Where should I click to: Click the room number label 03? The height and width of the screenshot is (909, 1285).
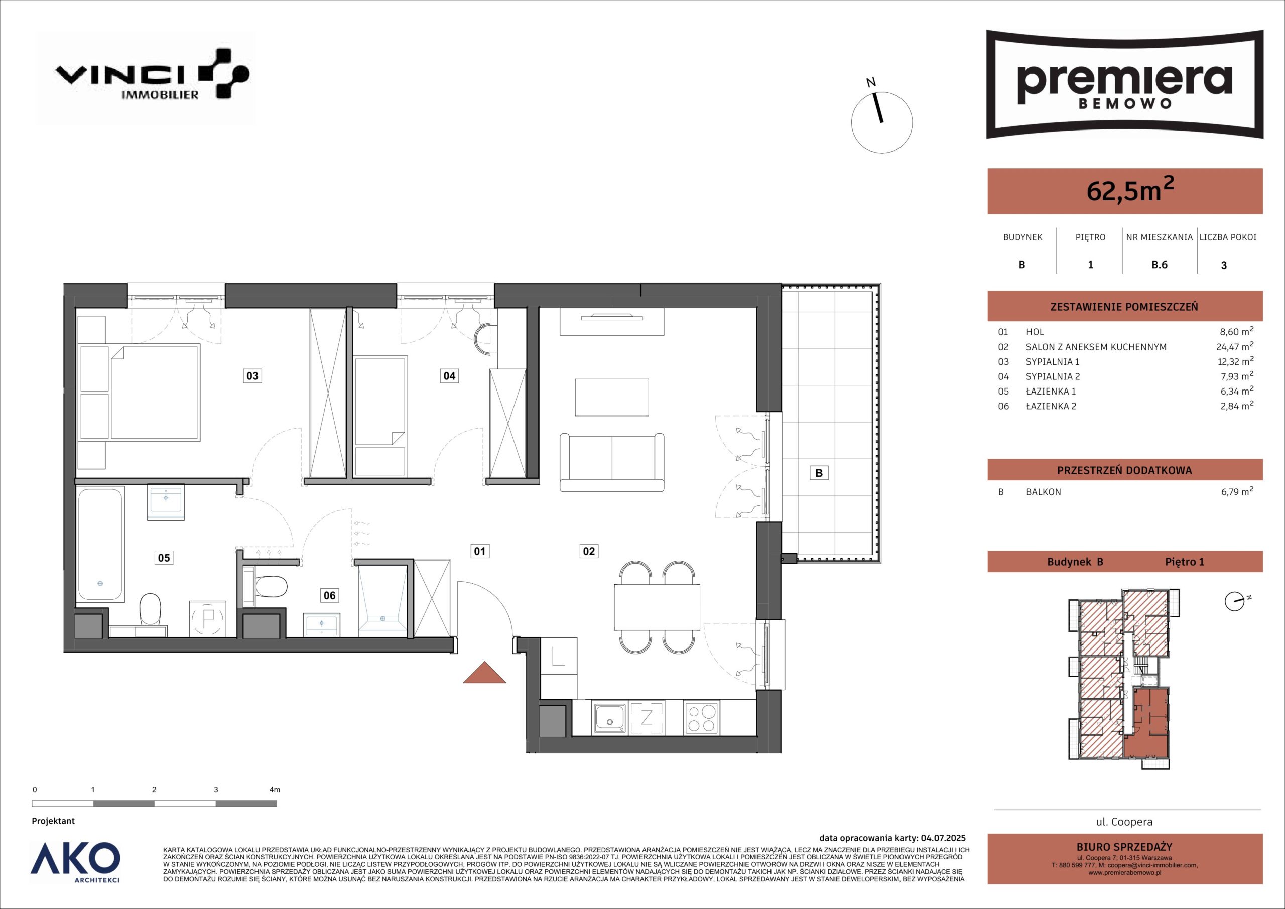(252, 375)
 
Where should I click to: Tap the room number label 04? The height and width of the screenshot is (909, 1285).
(449, 375)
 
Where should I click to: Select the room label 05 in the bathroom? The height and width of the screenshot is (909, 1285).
(164, 558)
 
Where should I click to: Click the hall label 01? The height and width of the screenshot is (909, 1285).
(480, 551)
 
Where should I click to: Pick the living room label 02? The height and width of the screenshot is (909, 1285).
(589, 551)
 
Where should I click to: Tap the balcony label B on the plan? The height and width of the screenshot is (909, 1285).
(819, 473)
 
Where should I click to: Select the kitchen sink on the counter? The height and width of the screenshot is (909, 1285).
(610, 718)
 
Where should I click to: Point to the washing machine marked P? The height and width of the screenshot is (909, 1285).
(208, 618)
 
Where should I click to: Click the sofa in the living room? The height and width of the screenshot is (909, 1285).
(612, 462)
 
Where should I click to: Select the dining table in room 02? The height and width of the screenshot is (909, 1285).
(657, 607)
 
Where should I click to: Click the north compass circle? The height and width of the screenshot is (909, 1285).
(881, 122)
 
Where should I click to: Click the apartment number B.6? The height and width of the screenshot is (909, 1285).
(1159, 265)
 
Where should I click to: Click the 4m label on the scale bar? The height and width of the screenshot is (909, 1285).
(274, 789)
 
